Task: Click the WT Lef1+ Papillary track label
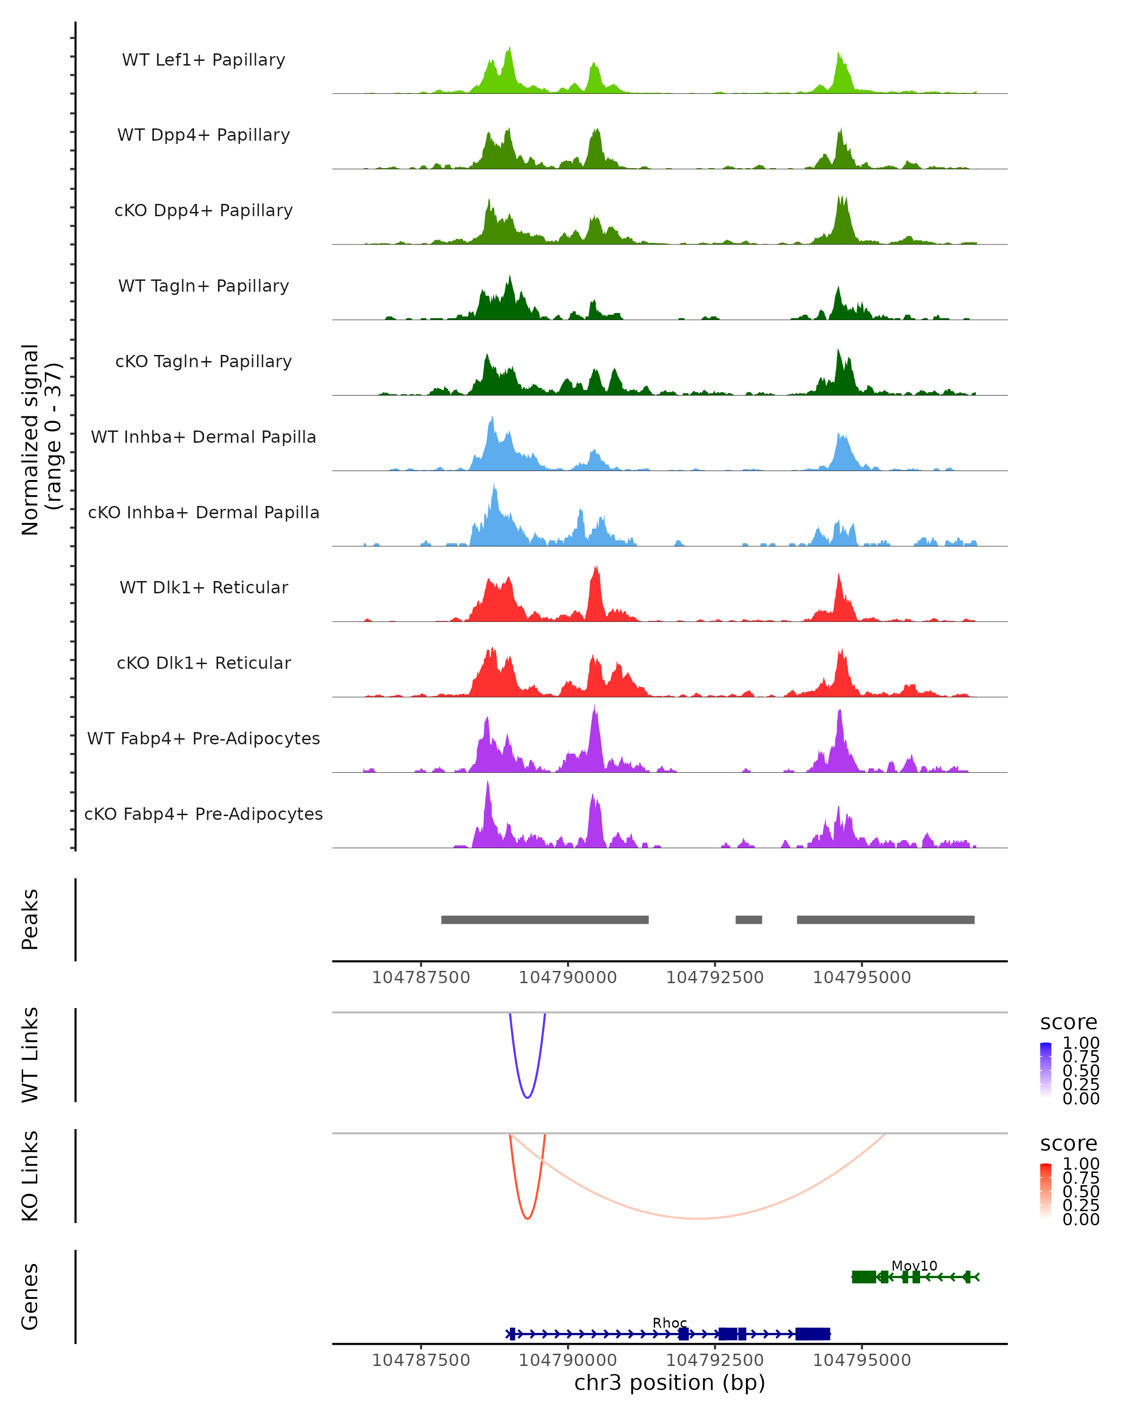pyautogui.click(x=203, y=60)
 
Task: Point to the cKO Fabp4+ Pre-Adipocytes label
pyautogui.click(x=203, y=814)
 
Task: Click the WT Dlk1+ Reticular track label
pyautogui.click(x=203, y=587)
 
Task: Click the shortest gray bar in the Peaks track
pyautogui.click(x=748, y=919)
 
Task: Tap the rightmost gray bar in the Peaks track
pyautogui.click(x=885, y=919)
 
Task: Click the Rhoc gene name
pyautogui.click(x=669, y=1323)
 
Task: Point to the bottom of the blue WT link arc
pyautogui.click(x=527, y=1097)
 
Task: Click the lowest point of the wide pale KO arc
pyautogui.click(x=698, y=1218)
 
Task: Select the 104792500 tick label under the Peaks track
pyautogui.click(x=715, y=978)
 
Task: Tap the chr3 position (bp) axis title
pyautogui.click(x=669, y=1383)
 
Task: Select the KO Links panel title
pyautogui.click(x=30, y=1176)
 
